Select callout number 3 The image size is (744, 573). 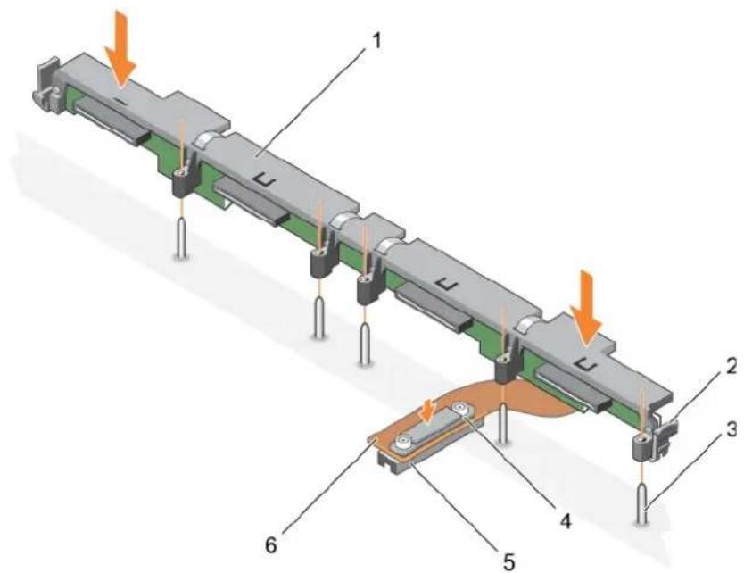732,430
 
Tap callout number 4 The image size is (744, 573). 564,520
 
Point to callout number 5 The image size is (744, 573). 508,562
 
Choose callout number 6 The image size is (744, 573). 270,545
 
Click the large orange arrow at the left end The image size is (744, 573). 120,63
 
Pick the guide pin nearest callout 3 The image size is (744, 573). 641,503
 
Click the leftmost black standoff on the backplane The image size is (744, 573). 181,182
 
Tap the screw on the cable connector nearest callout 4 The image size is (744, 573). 460,408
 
